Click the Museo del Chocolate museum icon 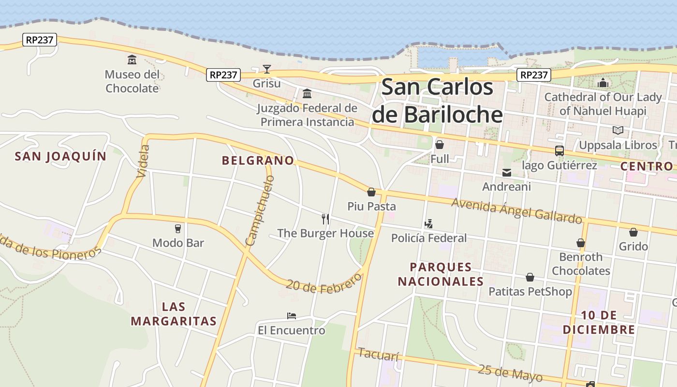pos(132,60)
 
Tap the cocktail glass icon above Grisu pos(267,69)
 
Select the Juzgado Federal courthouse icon pos(307,93)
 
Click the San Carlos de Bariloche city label pos(437,101)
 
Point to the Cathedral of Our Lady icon pos(603,83)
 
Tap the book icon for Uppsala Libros pos(618,130)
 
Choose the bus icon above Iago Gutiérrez pos(559,150)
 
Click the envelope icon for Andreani pos(506,172)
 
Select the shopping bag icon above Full pos(440,144)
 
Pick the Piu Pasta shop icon pos(371,192)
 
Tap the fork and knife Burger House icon pos(325,219)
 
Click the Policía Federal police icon pos(428,223)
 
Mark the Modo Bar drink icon pos(178,228)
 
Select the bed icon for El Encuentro pos(291,316)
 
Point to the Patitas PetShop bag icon pos(530,277)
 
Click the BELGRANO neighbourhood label pos(258,161)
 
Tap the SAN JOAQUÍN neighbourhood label pos(60,156)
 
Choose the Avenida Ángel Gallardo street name pos(516,210)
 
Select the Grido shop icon pos(633,232)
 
